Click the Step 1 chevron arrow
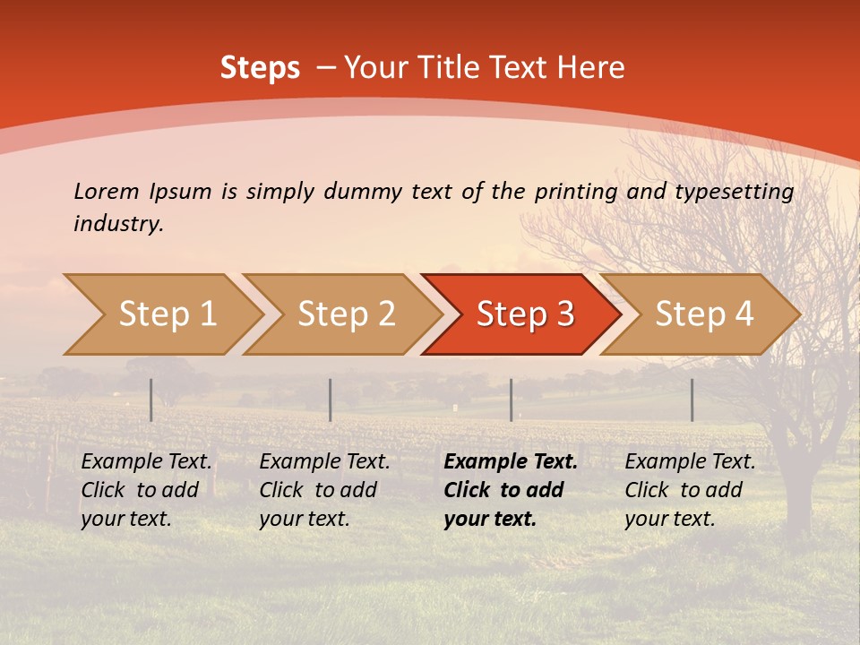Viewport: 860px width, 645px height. [x=166, y=314]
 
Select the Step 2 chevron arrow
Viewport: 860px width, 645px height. [x=345, y=314]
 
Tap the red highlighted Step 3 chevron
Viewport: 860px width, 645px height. [x=524, y=314]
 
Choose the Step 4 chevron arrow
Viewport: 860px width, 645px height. [x=703, y=314]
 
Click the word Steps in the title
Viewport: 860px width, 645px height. [x=260, y=68]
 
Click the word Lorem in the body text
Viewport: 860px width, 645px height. [x=106, y=191]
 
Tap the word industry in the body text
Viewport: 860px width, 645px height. [x=118, y=223]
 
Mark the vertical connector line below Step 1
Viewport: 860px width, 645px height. [x=150, y=400]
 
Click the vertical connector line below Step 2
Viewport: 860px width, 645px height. [x=331, y=400]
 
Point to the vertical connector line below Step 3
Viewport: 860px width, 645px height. [x=511, y=400]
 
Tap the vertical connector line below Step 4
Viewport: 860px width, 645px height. [x=692, y=400]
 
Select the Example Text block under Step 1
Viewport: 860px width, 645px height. [x=146, y=490]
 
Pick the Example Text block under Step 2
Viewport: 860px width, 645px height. [x=324, y=490]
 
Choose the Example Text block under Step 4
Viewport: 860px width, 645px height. [x=690, y=490]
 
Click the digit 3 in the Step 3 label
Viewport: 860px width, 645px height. [x=564, y=314]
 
